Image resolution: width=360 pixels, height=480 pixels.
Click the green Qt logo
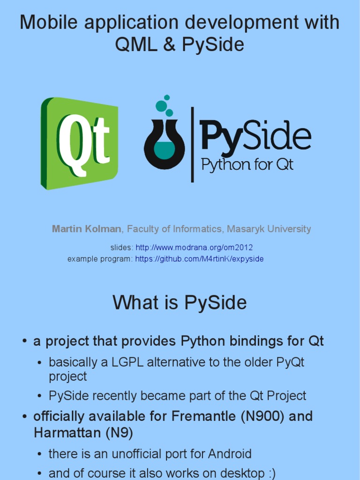[80, 143]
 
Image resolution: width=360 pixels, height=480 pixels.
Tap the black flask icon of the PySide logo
[164, 145]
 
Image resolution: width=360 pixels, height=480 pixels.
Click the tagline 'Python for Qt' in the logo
[247, 165]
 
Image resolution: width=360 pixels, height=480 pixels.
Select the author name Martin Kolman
[87, 229]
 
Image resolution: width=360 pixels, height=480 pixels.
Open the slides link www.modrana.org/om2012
[194, 247]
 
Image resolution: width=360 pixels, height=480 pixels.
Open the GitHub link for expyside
[199, 259]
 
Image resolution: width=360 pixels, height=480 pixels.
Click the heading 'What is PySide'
[180, 303]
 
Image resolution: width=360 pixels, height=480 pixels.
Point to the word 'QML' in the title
[137, 45]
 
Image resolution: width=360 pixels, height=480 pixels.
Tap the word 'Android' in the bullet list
[230, 454]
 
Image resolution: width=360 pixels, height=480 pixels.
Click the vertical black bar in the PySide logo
[192, 144]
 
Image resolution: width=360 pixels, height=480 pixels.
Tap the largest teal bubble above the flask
[161, 106]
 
